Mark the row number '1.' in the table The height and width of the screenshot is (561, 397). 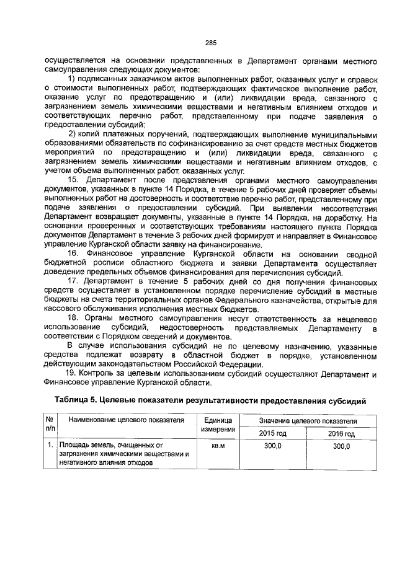pyautogui.click(x=49, y=446)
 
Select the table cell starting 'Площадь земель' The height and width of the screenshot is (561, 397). pyautogui.click(x=124, y=454)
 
